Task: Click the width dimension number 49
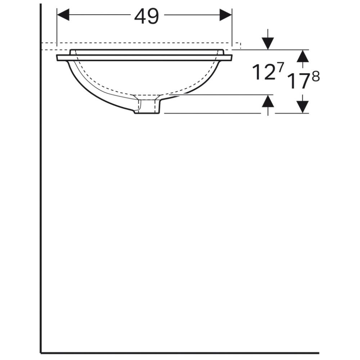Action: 147,16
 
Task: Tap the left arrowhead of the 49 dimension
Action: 63,15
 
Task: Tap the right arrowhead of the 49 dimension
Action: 226,15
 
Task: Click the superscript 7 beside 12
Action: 280,67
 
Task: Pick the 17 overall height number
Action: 298,81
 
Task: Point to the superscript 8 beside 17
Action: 316,77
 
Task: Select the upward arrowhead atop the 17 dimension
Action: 303,56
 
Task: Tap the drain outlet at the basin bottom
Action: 148,107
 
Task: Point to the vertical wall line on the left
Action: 41,180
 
